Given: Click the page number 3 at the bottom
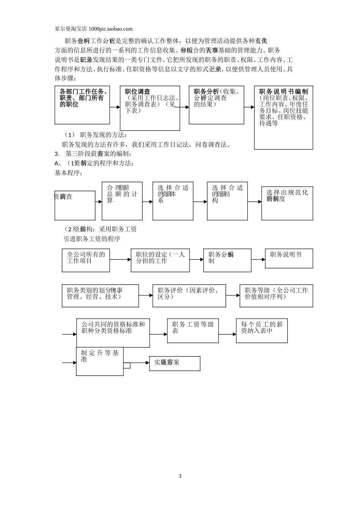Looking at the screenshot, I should pyautogui.click(x=180, y=476).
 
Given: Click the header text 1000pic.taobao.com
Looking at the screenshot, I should pyautogui.click(x=110, y=29).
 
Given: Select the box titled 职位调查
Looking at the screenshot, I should pyautogui.click(x=150, y=108).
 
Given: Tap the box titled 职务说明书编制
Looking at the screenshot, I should pyautogui.click(x=283, y=117).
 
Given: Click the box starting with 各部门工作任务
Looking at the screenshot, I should pyautogui.click(x=82, y=105).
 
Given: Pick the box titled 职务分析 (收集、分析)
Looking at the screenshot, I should pyautogui.click(x=216, y=105).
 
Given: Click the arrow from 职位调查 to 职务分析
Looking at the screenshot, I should pyautogui.click(x=184, y=107).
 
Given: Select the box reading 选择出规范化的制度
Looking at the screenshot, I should pyautogui.click(x=287, y=203).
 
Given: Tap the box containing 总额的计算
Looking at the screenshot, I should pyautogui.click(x=122, y=201).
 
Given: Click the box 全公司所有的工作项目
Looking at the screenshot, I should pyautogui.click(x=86, y=260).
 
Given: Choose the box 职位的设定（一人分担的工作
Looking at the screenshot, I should pyautogui.click(x=160, y=260).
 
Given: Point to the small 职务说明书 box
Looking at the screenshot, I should pyautogui.click(x=289, y=258).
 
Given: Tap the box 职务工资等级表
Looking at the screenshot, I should pyautogui.click(x=193, y=331).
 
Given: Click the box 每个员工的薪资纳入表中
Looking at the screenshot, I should pyautogui.click(x=261, y=331).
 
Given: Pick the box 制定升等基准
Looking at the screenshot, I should pyautogui.click(x=100, y=361).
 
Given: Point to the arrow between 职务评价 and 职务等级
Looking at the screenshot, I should pyautogui.click(x=233, y=295).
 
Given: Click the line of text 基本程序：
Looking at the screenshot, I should pyautogui.click(x=69, y=173).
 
